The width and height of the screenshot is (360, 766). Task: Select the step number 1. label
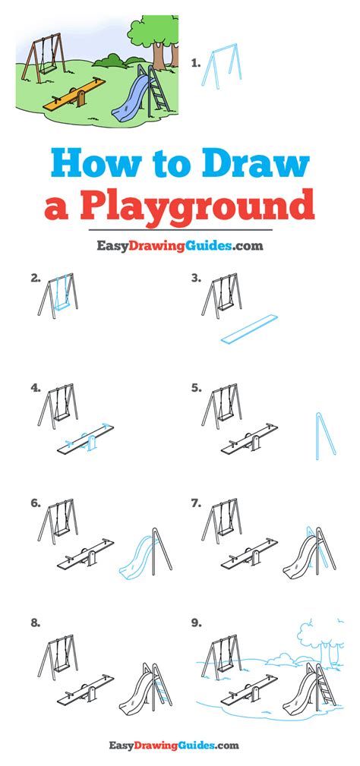(x=196, y=62)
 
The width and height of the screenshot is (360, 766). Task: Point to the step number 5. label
(x=197, y=388)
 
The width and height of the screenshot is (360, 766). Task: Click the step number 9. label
(x=197, y=623)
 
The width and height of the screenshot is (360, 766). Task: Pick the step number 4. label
(x=35, y=388)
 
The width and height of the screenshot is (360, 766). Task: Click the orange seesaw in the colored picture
(x=74, y=94)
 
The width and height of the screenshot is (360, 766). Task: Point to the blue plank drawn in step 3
(x=249, y=329)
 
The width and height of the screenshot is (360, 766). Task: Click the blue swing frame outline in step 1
(x=222, y=65)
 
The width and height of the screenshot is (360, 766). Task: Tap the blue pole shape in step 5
(x=325, y=436)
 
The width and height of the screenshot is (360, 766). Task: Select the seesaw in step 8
(x=86, y=689)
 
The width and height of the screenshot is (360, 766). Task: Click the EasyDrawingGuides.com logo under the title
(x=180, y=246)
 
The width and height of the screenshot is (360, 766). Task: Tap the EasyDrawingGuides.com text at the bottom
(x=175, y=745)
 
